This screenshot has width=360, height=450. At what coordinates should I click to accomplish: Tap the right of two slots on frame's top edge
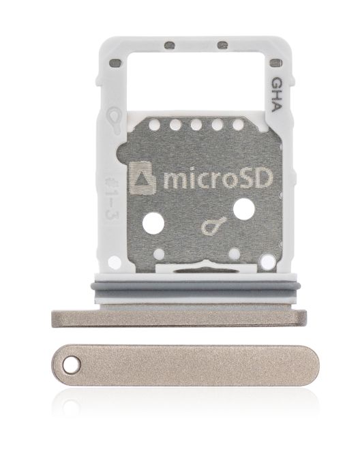click(x=222, y=45)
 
